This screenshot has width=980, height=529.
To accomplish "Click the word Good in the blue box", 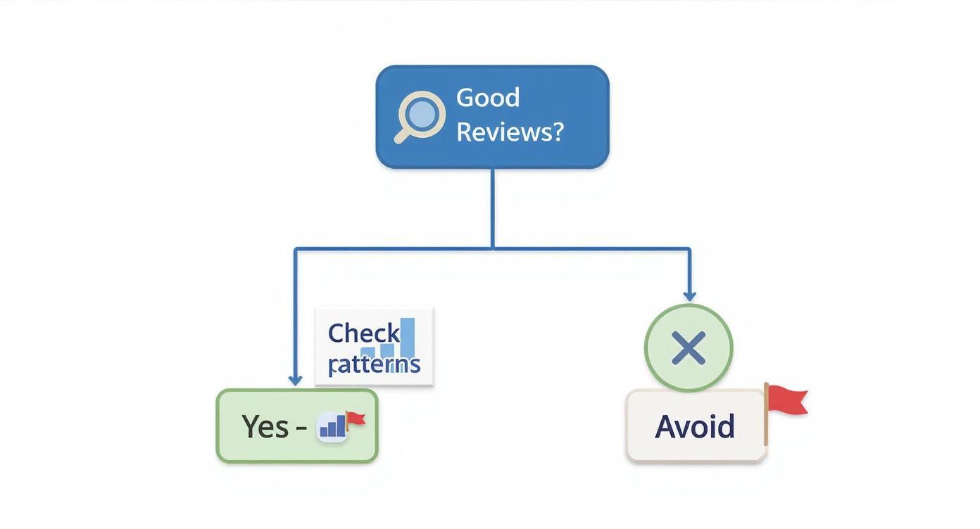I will (488, 97).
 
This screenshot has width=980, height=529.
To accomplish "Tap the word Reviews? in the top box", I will (510, 132).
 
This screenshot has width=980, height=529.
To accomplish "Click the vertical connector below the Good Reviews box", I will (492, 208).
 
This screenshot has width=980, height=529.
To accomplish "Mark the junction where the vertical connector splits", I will (492, 248).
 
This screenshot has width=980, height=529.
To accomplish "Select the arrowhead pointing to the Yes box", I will (295, 380).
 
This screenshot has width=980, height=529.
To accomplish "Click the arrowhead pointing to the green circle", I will (689, 295).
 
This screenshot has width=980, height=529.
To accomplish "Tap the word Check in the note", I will (363, 333).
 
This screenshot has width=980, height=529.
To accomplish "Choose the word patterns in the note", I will (374, 364).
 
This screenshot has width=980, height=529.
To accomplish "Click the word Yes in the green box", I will (265, 426).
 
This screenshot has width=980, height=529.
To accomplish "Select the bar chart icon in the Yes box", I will (332, 426).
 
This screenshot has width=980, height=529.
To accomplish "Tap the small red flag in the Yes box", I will (356, 419).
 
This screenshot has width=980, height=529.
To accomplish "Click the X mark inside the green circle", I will (689, 348).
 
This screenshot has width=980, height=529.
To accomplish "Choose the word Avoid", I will (695, 427).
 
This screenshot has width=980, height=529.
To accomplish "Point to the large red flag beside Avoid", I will (787, 400).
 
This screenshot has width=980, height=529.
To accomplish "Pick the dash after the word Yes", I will (301, 428).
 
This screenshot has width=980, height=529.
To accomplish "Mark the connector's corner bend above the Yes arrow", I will (295, 248).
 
